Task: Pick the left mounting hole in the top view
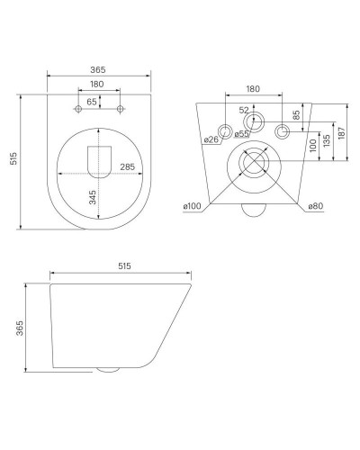(79, 109)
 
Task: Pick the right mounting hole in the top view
(121, 109)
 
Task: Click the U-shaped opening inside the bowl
(100, 161)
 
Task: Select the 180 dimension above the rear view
(253, 90)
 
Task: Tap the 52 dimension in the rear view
(244, 110)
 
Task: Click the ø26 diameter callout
(211, 139)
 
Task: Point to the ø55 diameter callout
(242, 134)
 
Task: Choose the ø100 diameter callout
(192, 206)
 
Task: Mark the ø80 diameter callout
(314, 206)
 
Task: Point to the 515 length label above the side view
(124, 267)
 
